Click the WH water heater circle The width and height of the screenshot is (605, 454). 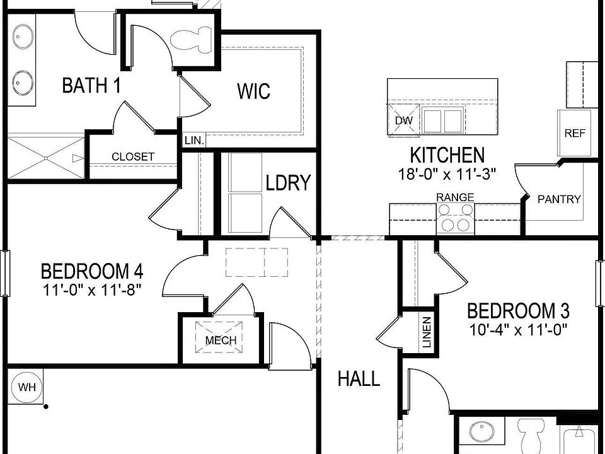[x=26, y=387]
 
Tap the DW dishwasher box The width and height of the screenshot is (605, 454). [x=403, y=120]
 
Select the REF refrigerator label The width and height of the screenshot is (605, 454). [x=575, y=133]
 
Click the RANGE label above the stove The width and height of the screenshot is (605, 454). [x=455, y=197]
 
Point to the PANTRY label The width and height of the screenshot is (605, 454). [x=559, y=199]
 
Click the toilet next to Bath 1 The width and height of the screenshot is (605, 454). [x=195, y=40]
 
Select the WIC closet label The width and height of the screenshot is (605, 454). [x=253, y=91]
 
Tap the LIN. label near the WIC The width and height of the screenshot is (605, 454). [x=193, y=141]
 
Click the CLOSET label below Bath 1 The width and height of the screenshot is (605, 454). [x=133, y=156]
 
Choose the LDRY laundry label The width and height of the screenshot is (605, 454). [x=288, y=183]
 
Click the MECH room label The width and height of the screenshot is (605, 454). [x=221, y=340]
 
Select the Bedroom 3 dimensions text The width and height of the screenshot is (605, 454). [x=518, y=329]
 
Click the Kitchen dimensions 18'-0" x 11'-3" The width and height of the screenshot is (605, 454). [x=447, y=174]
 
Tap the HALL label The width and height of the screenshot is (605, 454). [x=359, y=379]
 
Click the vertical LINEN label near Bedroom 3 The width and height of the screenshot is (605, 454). [x=427, y=332]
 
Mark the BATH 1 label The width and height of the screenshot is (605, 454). [x=91, y=85]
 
